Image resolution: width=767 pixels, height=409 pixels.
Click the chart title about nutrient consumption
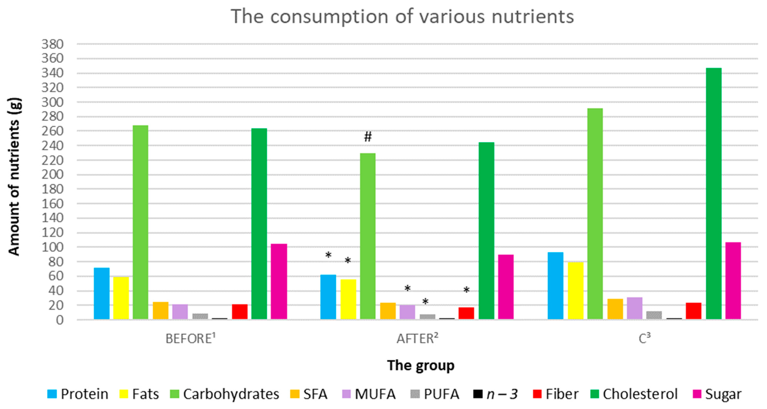pyautogui.click(x=402, y=17)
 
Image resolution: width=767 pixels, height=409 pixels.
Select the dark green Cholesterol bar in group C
pyautogui.click(x=713, y=193)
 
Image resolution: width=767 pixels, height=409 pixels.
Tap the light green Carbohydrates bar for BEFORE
pyautogui.click(x=141, y=222)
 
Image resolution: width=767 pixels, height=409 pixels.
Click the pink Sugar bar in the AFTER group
pyautogui.click(x=506, y=287)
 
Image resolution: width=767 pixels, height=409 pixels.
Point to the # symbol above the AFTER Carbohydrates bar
pyautogui.click(x=368, y=137)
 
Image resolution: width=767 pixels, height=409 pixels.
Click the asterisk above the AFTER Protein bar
pyautogui.click(x=328, y=255)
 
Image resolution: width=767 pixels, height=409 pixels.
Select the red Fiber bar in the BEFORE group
pyautogui.click(x=240, y=312)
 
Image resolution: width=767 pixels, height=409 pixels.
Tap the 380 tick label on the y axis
pyautogui.click(x=52, y=44)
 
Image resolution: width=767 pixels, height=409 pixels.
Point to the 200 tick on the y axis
pyautogui.click(x=52, y=175)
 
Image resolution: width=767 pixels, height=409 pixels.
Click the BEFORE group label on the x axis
pyautogui.click(x=191, y=338)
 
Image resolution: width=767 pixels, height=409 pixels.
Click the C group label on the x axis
pyautogui.click(x=644, y=338)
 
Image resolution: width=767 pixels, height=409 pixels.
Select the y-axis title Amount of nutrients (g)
pyautogui.click(x=14, y=177)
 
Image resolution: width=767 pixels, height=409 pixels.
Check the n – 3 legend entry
pyautogui.click(x=495, y=394)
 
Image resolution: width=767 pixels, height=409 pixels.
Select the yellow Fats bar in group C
pyautogui.click(x=575, y=291)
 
